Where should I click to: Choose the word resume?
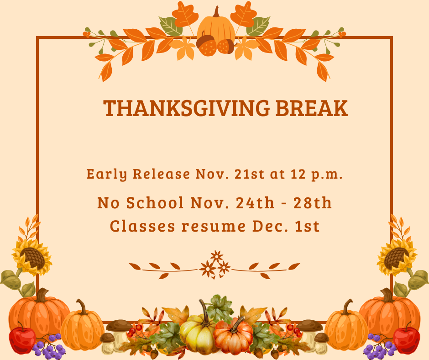[x=209, y=226]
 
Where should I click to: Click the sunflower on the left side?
[x=31, y=257]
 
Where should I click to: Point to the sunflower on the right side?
[x=396, y=257]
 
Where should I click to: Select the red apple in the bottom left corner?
[x=21, y=339]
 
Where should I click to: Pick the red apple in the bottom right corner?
[x=407, y=339]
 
